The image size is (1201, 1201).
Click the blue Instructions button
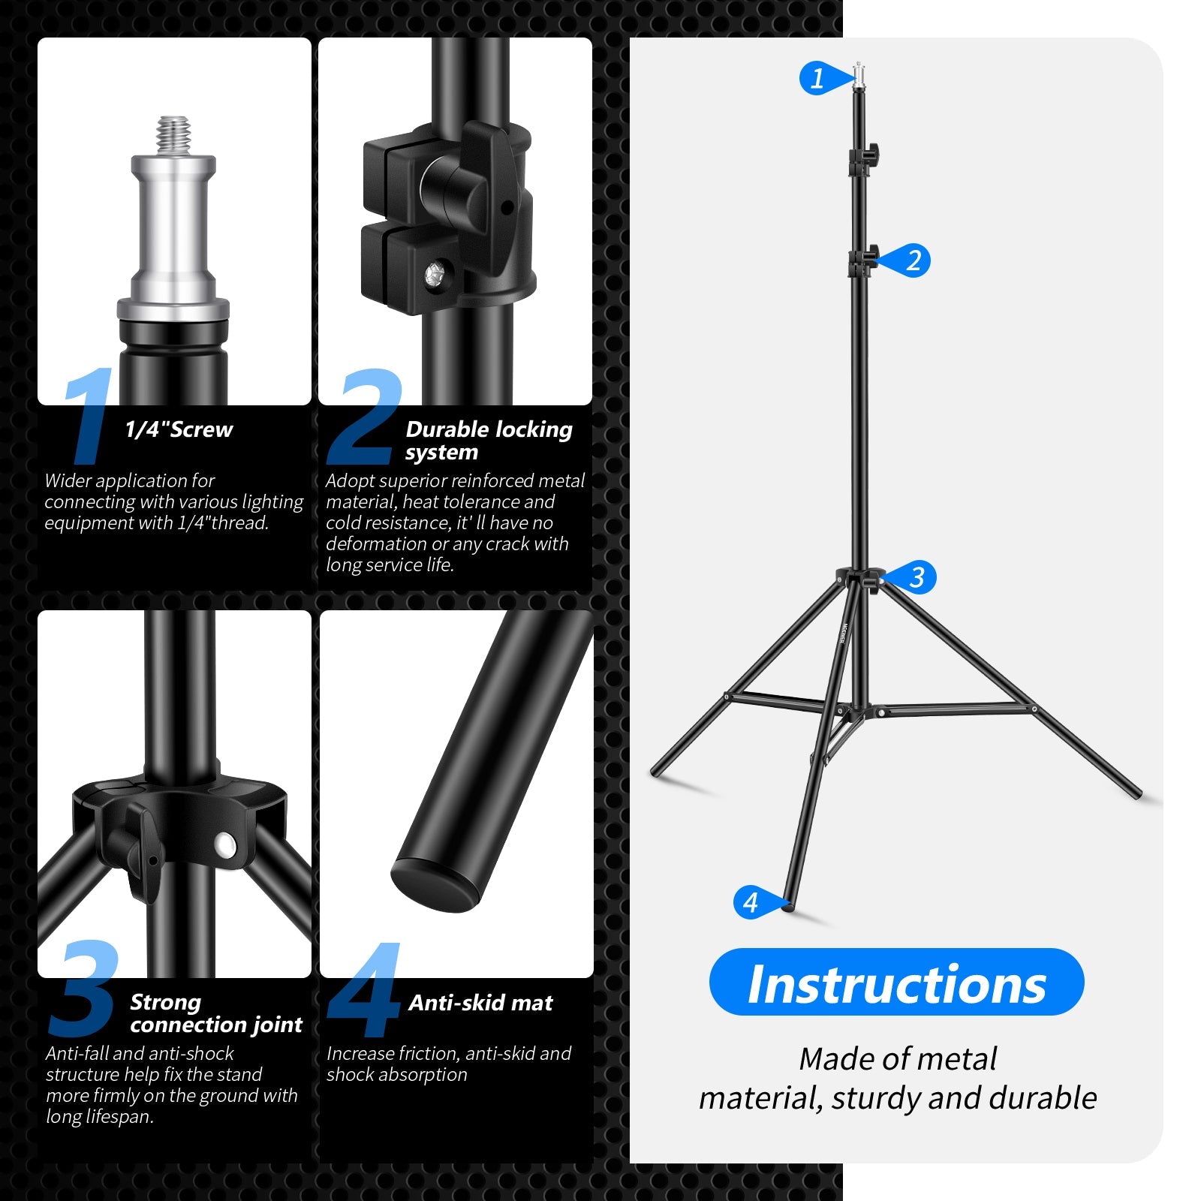pyautogui.click(x=896, y=983)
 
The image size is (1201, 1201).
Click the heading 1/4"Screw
pyautogui.click(x=179, y=429)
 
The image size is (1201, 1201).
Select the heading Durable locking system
pyautogui.click(x=489, y=440)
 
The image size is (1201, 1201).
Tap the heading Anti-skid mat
pyautogui.click(x=480, y=1003)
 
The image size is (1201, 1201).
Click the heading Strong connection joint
pyautogui.click(x=215, y=1013)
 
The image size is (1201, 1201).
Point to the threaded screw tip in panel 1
pyautogui.click(x=174, y=134)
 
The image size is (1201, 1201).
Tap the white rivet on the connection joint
pyautogui.click(x=224, y=846)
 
